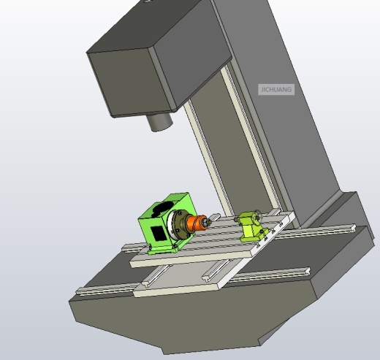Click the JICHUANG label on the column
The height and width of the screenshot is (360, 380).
point(276,90)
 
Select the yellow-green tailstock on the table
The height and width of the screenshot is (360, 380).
point(253,227)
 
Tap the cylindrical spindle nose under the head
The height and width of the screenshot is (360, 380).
point(159,122)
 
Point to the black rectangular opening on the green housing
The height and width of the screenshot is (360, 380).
point(157,233)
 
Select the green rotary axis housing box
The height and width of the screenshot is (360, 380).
point(165,223)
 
